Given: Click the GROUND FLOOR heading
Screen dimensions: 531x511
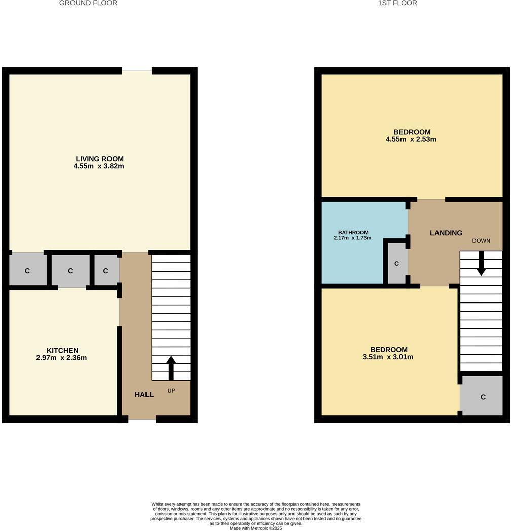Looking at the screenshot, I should pyautogui.click(x=88, y=3).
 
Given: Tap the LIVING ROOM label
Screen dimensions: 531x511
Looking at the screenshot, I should pyautogui.click(x=99, y=159).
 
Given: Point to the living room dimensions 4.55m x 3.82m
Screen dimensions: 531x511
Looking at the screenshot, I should pyautogui.click(x=99, y=166).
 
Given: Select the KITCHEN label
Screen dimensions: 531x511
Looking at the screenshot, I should pyautogui.click(x=62, y=350).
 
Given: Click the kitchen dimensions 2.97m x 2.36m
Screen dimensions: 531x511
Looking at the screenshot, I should pyautogui.click(x=63, y=358).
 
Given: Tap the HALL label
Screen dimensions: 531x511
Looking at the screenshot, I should pyautogui.click(x=144, y=394).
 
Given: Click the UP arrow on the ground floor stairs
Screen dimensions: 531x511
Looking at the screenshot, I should pyautogui.click(x=171, y=367).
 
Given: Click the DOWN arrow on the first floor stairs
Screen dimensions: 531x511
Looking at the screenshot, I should pyautogui.click(x=481, y=264).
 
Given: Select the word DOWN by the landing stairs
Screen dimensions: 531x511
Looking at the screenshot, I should pyautogui.click(x=481, y=241).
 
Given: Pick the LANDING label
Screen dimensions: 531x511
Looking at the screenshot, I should pyautogui.click(x=446, y=233).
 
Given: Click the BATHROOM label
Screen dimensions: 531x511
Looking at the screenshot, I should pyautogui.click(x=353, y=232).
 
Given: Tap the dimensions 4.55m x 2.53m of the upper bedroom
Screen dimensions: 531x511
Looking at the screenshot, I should pyautogui.click(x=411, y=139).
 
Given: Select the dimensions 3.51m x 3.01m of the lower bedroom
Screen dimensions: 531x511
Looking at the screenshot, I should pyautogui.click(x=388, y=357).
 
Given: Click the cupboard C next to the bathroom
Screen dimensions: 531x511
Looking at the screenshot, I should pyautogui.click(x=396, y=263).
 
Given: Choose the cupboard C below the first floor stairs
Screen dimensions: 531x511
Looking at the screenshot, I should pyautogui.click(x=483, y=397).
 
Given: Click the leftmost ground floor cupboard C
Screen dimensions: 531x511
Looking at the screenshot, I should pyautogui.click(x=27, y=271).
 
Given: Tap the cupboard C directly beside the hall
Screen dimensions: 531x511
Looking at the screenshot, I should pyautogui.click(x=105, y=271).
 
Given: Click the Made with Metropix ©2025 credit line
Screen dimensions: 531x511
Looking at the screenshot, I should pyautogui.click(x=255, y=528).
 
